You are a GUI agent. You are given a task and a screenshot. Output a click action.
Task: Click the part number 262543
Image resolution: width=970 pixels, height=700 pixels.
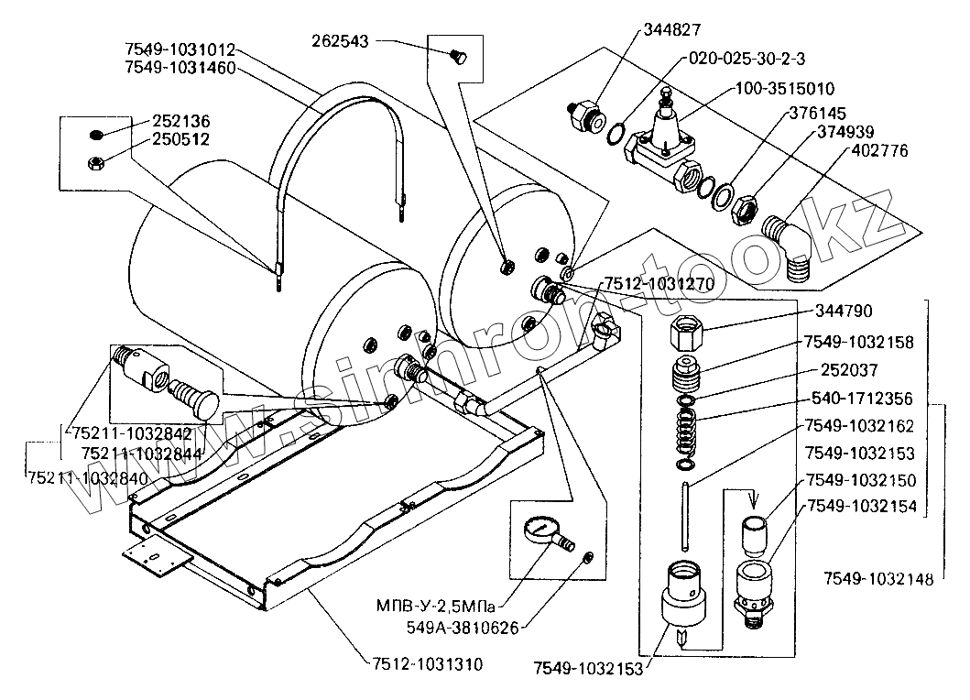pyautogui.click(x=339, y=40)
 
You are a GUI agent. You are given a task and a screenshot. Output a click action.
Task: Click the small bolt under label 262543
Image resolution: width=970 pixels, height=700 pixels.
pyautogui.click(x=459, y=60)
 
